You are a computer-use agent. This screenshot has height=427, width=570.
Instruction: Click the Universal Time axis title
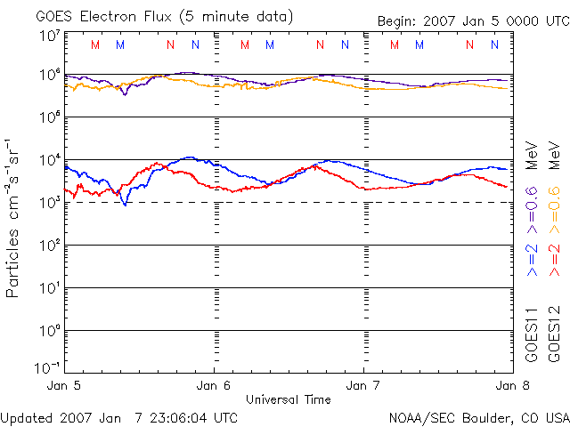[289, 399]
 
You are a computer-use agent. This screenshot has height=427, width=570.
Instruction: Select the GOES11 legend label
[532, 334]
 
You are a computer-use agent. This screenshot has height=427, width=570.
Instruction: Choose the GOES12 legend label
[554, 334]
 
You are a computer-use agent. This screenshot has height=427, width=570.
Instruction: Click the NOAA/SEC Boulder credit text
[478, 416]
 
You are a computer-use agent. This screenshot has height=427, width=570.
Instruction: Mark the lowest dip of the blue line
[125, 205]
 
